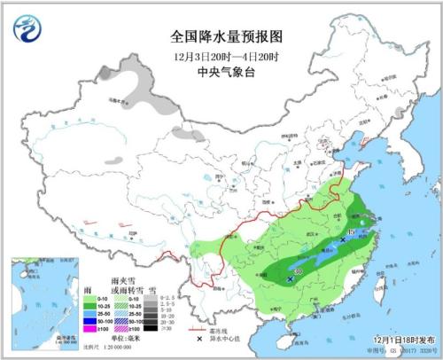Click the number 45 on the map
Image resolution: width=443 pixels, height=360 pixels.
352,232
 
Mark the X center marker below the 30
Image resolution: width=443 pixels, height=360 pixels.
291,279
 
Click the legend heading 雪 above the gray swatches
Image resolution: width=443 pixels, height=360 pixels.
152,289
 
